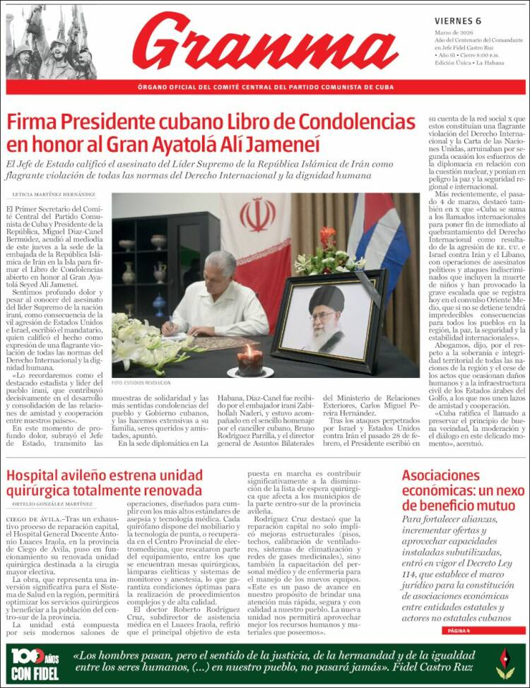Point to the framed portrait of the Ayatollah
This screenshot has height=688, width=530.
point(329,321)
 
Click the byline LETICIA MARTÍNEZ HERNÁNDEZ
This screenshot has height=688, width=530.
point(54,194)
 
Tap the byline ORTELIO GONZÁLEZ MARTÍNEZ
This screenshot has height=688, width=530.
point(52,504)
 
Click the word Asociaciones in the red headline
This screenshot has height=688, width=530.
point(441,475)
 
